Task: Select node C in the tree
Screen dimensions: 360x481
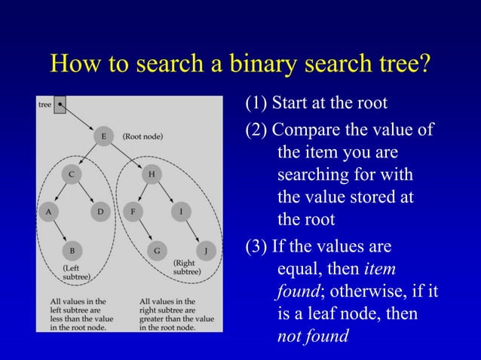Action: pyautogui.click(x=72, y=174)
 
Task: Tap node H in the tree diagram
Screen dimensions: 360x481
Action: pyautogui.click(x=152, y=174)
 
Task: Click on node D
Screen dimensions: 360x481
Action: pyautogui.click(x=101, y=212)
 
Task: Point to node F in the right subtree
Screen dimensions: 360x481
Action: pyautogui.click(x=133, y=212)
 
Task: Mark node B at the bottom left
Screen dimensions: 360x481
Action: pyautogui.click(x=72, y=249)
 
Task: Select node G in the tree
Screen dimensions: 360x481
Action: pyautogui.click(x=156, y=249)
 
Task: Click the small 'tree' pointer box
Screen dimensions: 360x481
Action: pyautogui.click(x=60, y=105)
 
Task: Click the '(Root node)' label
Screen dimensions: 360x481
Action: pyautogui.click(x=142, y=136)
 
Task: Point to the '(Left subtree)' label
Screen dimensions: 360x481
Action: pyautogui.click(x=76, y=272)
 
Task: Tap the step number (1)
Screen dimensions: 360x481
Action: pyautogui.click(x=256, y=102)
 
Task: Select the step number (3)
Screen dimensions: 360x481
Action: pyautogui.click(x=256, y=246)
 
